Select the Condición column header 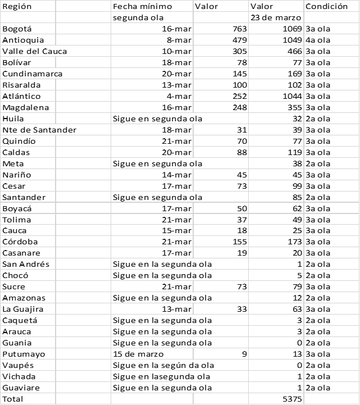coord(326,7)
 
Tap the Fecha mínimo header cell coord(143,7)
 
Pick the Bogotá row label coord(17,29)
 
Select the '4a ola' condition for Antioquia coord(317,40)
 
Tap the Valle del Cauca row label coord(35,51)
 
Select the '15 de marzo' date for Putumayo coord(138,354)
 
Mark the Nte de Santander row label coord(39,130)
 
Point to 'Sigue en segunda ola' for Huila coord(157,119)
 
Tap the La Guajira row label coord(23,309)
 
